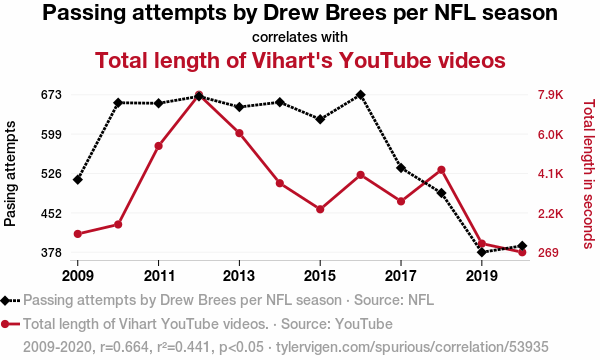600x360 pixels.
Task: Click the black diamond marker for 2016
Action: [360, 95]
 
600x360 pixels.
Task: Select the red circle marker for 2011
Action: [158, 146]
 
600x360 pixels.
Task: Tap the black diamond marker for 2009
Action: [78, 179]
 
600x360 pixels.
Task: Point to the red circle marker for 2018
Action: [441, 170]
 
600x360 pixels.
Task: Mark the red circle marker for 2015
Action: [320, 209]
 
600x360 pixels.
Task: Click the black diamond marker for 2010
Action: [118, 103]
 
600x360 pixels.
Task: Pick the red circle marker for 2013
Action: [239, 133]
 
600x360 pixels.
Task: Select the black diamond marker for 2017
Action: [401, 168]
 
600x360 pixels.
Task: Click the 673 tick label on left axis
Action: [51, 94]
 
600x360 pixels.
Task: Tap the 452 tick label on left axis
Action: [51, 213]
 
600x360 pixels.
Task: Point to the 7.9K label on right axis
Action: [550, 94]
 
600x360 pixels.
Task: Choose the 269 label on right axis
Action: [548, 252]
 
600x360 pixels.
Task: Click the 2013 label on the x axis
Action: [239, 275]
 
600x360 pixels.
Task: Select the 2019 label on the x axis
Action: [482, 275]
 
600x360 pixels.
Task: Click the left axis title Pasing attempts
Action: [10, 173]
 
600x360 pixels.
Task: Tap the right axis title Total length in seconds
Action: [589, 174]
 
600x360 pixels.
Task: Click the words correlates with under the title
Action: [300, 37]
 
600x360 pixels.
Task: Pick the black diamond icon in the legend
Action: [5, 300]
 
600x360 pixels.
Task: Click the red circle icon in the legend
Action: [5, 324]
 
